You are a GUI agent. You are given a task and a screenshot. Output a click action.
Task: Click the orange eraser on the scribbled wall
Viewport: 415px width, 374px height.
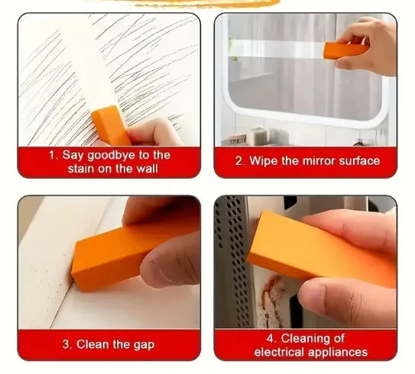click(x=111, y=125)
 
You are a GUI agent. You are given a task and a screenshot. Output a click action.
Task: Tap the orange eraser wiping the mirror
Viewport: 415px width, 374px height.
click(x=345, y=50)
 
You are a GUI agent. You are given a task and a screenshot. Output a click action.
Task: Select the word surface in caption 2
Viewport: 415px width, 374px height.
click(x=359, y=161)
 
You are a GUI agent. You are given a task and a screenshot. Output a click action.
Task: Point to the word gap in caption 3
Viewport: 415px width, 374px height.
click(x=144, y=345)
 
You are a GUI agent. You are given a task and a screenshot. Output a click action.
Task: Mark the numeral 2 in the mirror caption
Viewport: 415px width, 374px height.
click(x=238, y=161)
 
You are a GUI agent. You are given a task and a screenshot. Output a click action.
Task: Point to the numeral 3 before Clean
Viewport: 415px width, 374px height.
click(x=66, y=344)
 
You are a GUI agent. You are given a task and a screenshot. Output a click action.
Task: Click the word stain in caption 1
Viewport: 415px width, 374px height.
click(x=81, y=169)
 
